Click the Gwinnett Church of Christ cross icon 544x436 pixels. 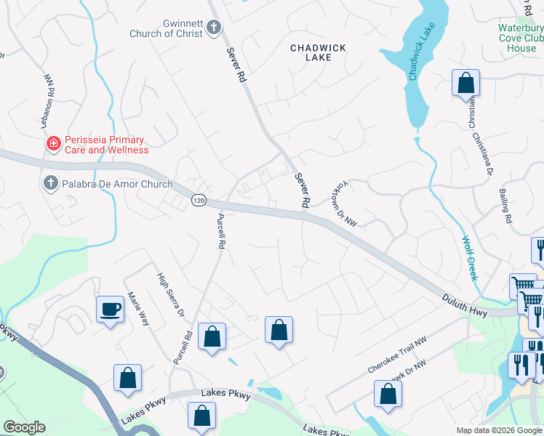tap(213, 28)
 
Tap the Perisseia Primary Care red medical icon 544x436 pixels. tap(52, 144)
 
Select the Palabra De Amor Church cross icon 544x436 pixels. tap(50, 183)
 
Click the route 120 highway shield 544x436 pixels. tap(199, 199)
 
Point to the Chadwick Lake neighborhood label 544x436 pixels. tap(318, 52)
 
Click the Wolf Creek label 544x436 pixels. tap(469, 258)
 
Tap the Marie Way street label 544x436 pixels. tap(138, 308)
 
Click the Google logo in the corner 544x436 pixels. tap(24, 427)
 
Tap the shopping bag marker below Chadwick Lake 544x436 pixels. tap(465, 84)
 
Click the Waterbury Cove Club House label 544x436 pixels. tap(520, 38)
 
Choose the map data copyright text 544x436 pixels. tap(500, 430)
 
